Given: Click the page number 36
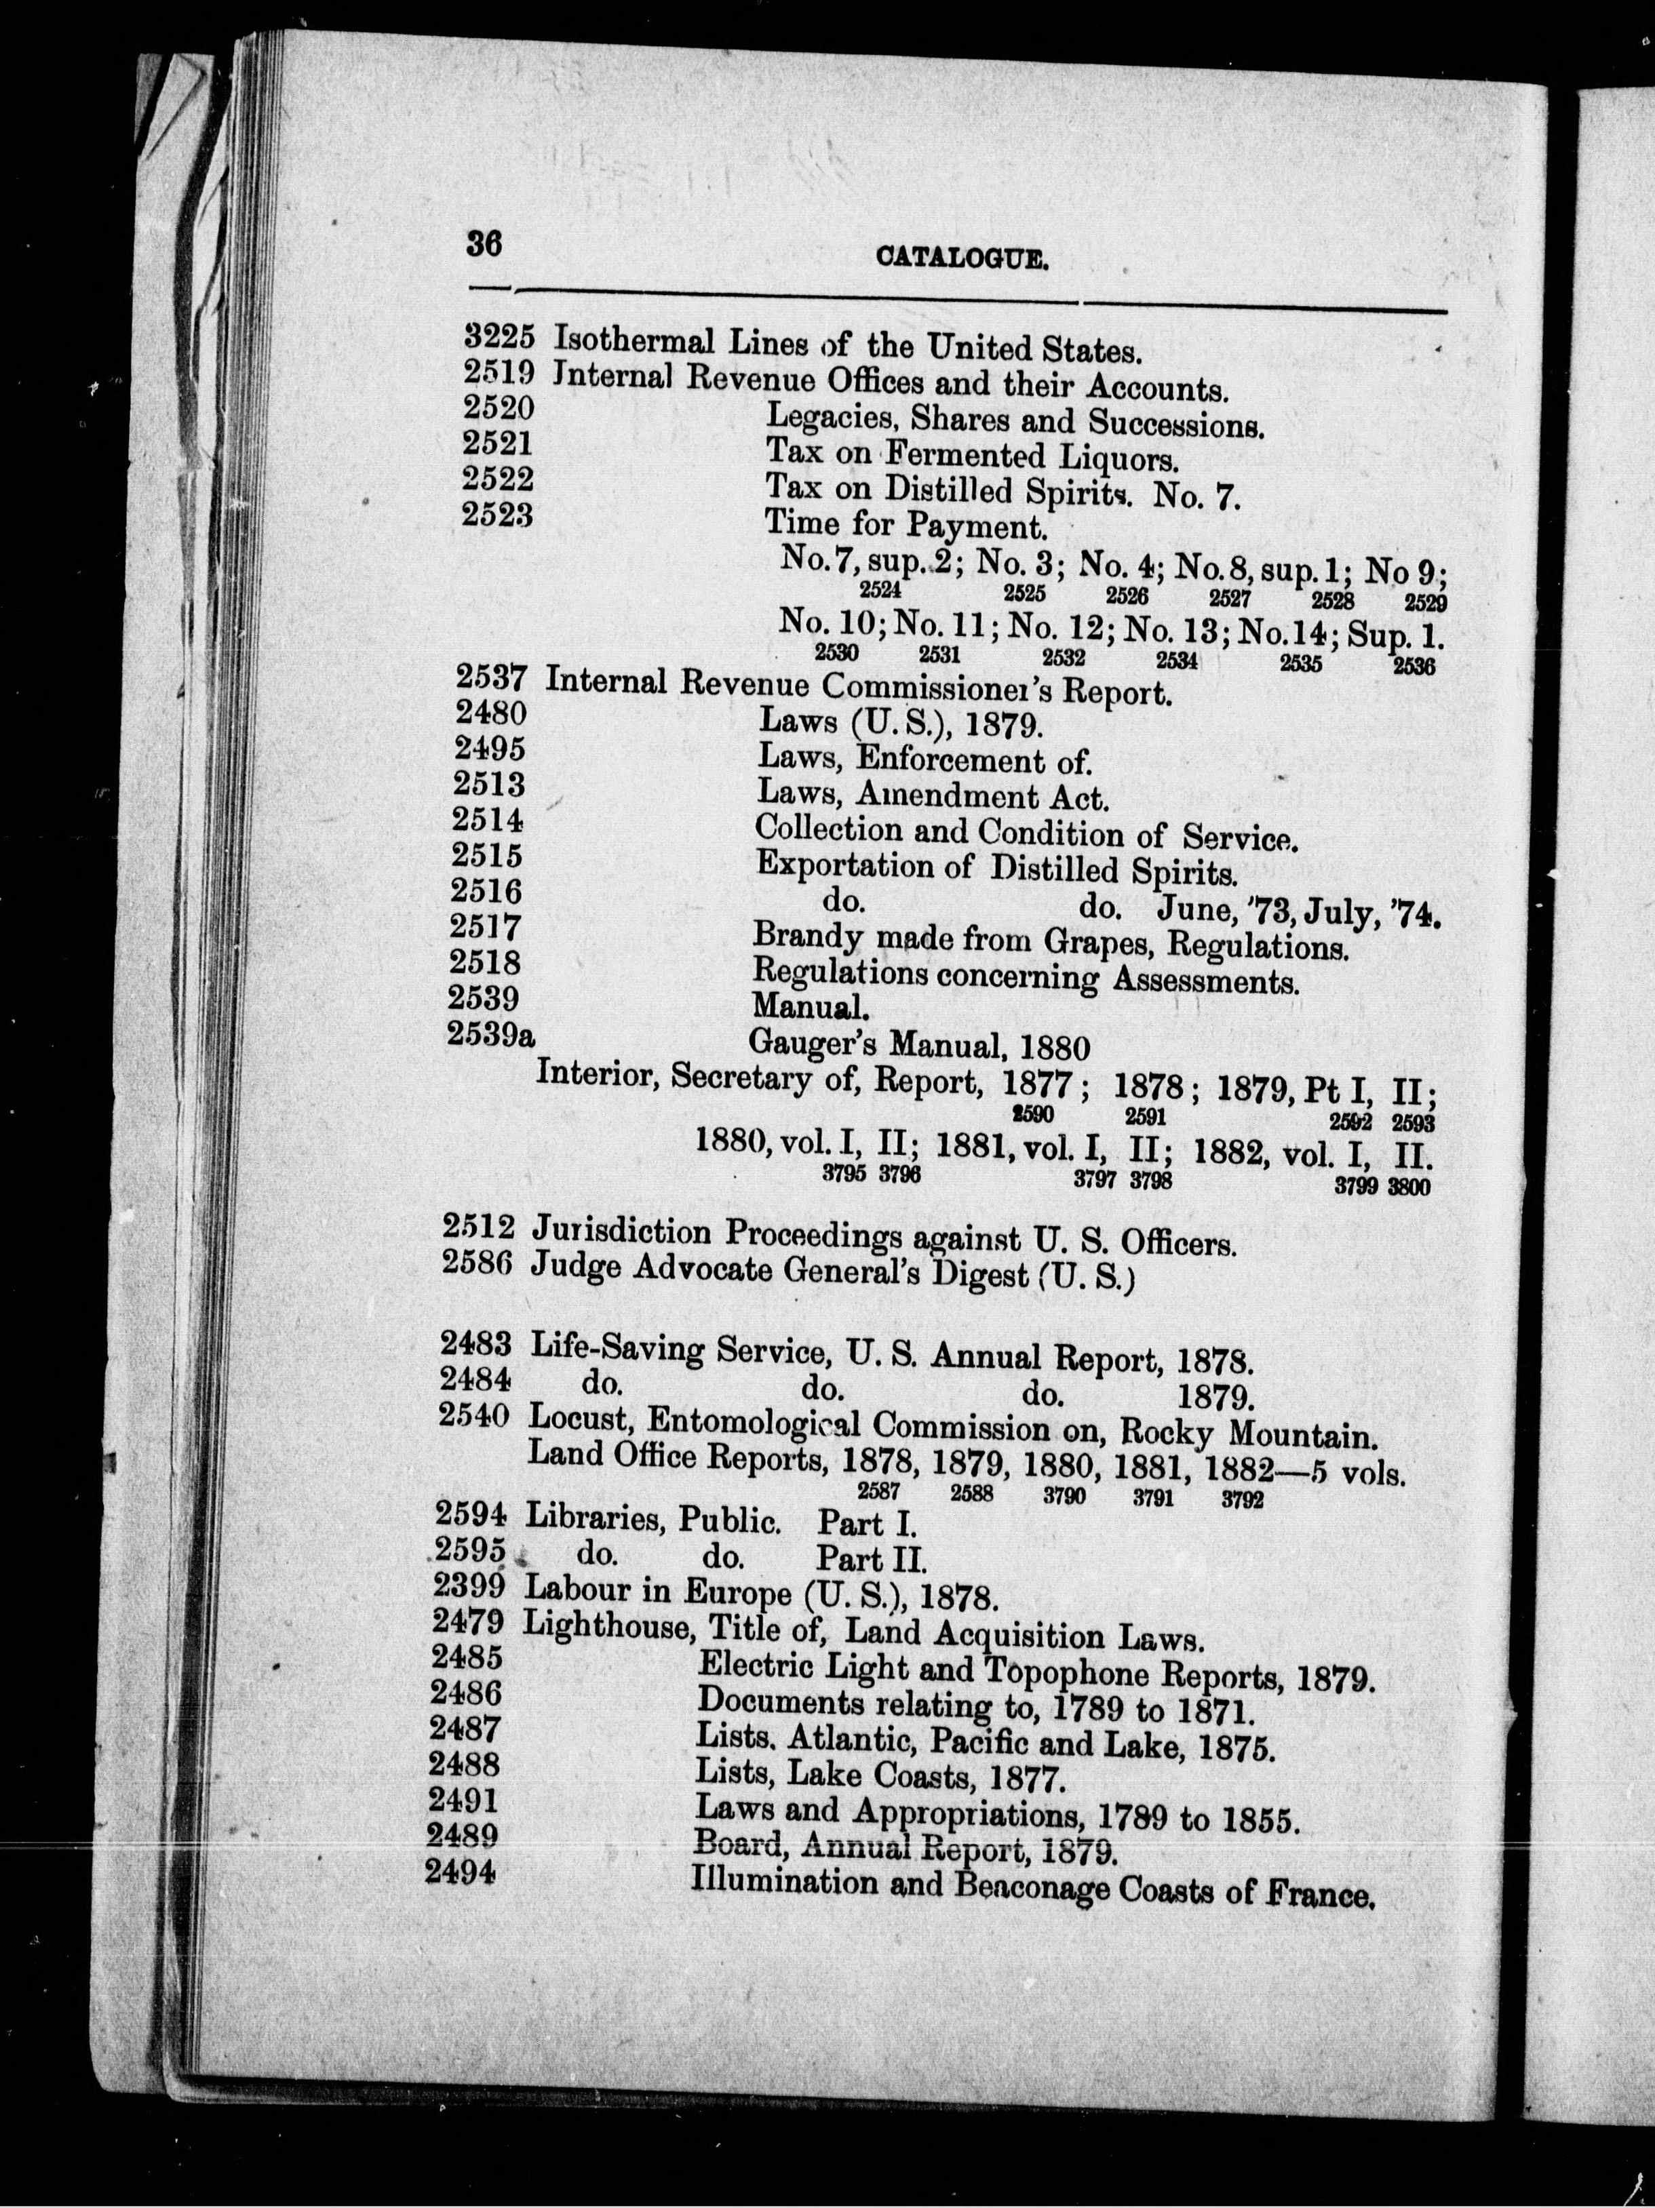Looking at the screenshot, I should point(484,245).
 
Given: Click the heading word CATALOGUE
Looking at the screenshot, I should point(962,260).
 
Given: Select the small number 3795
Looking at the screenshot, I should point(842,1175).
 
